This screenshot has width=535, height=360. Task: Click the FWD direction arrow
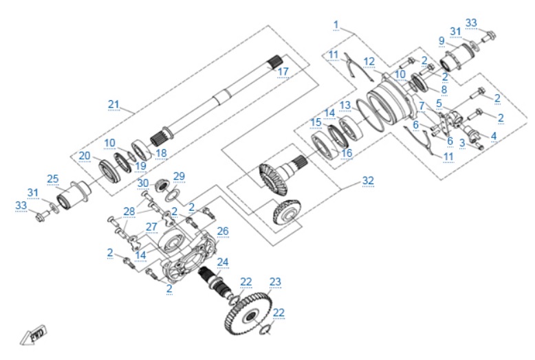coord(34,335)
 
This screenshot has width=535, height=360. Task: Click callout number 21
coord(113,104)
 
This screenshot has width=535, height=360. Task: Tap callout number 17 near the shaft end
coord(283,72)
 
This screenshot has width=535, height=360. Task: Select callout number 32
coord(368,180)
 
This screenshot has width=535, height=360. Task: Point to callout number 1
coord(336,25)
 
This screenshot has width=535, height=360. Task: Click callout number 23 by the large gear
coord(275,282)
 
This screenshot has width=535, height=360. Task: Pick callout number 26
coord(223,231)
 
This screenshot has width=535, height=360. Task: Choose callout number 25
coord(53,179)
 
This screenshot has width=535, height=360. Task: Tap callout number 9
coord(441,41)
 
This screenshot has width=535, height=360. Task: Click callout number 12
coord(369,62)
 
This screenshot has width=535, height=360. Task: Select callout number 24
coord(223,262)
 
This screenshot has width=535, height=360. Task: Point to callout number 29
coord(179,177)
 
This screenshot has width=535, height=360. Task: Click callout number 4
coord(493,136)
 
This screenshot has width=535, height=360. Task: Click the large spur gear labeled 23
coord(249,315)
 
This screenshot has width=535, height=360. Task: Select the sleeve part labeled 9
coord(457,58)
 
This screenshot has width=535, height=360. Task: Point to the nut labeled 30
coord(162,185)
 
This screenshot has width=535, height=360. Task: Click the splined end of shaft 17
coord(275,62)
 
